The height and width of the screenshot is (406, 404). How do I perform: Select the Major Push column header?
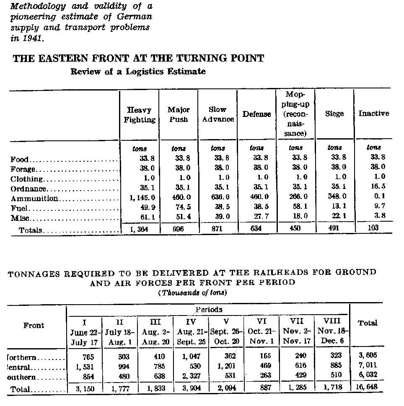pos(179,114)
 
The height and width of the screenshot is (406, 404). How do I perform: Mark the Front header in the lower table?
pos(34,325)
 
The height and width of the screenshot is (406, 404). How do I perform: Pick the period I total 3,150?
pos(85,388)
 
